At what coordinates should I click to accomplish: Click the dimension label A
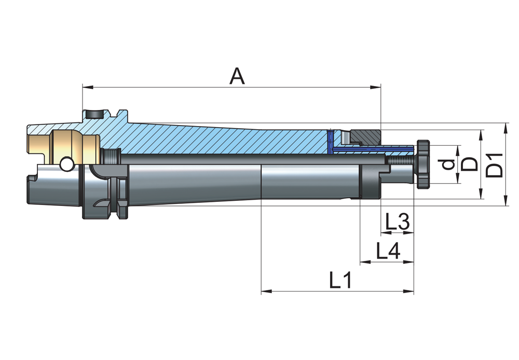point(237,76)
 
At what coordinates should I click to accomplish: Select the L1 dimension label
point(341,281)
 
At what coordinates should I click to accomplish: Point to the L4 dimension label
point(388,252)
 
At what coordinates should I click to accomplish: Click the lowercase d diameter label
point(449,164)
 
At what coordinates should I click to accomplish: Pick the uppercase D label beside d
point(470,164)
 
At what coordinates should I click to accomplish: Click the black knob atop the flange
point(94,114)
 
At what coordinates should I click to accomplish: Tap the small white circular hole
point(66,164)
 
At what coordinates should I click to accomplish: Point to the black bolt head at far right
point(423,164)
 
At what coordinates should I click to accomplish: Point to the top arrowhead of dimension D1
point(506,127)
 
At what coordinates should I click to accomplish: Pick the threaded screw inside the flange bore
point(112,155)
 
